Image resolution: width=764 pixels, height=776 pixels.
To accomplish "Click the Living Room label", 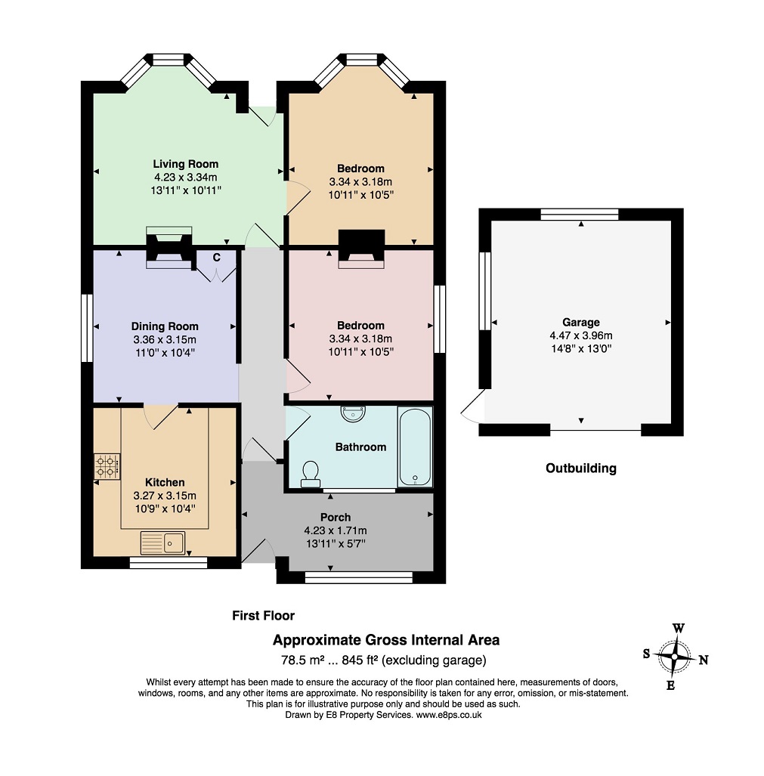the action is coord(186,164).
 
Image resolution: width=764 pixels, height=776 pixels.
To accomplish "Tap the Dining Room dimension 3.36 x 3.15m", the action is coord(165,339).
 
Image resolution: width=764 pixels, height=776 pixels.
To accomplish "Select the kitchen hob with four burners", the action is coord(107,467).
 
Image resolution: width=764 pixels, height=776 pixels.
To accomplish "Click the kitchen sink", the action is coord(162,543).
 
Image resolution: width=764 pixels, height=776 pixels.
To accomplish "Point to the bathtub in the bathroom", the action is coord(415,447).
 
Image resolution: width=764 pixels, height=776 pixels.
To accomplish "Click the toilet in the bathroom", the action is coord(311,474).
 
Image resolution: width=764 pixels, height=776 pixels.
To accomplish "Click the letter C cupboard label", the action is coord(216,258).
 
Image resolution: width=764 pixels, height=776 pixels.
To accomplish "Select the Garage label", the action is coord(581,322).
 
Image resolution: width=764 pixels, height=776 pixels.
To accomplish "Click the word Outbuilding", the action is coord(581,468).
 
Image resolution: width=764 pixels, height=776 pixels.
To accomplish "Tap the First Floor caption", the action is coord(263,616).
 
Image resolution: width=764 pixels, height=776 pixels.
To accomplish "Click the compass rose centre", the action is coord(674,657).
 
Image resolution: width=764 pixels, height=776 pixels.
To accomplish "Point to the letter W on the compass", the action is coord(679,629).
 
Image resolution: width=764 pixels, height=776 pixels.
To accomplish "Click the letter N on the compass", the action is coord(703,660).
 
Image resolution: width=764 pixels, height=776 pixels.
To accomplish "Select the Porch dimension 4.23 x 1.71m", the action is coord(336,530).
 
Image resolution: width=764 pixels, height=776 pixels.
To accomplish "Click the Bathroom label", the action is coord(360,447).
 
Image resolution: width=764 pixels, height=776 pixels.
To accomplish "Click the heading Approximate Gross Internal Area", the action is coord(386,640).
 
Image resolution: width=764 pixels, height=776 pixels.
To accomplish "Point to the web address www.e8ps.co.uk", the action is coord(449,715).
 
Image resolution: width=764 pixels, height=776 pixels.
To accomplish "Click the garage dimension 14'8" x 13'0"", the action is coord(581,348).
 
